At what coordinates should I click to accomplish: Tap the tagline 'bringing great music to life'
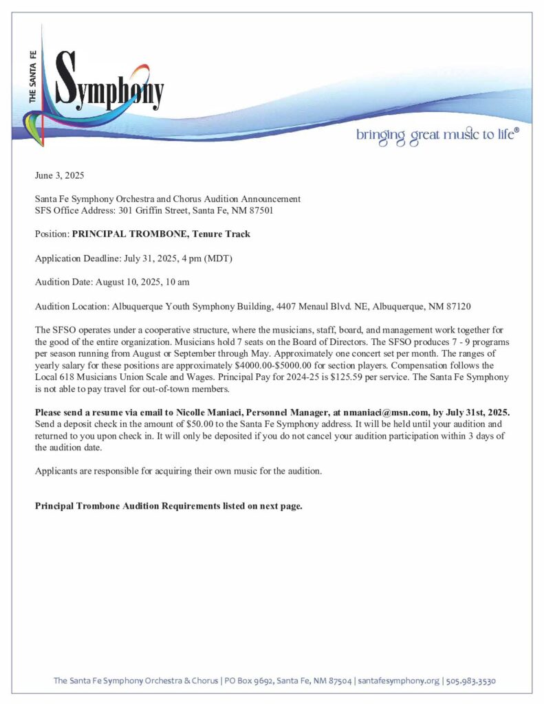coord(437,134)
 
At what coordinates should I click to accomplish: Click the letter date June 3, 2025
coord(60,176)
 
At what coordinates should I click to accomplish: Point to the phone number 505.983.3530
coord(471,681)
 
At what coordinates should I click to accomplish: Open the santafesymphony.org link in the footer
coord(398,681)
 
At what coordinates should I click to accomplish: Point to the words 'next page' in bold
coord(280,506)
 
